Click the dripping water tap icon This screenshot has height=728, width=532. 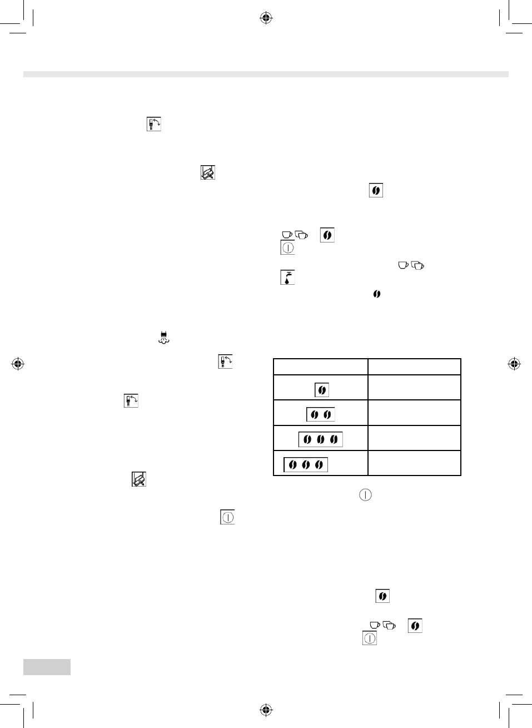pyautogui.click(x=287, y=277)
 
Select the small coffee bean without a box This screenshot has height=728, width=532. pyautogui.click(x=376, y=294)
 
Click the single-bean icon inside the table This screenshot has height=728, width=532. pyautogui.click(x=321, y=390)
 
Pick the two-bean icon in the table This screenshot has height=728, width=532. pyautogui.click(x=321, y=414)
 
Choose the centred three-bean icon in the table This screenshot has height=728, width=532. pyautogui.click(x=321, y=439)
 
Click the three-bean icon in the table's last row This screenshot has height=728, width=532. pyautogui.click(x=306, y=464)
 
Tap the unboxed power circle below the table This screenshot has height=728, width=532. pyautogui.click(x=365, y=494)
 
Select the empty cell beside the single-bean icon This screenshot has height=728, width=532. pyautogui.click(x=414, y=387)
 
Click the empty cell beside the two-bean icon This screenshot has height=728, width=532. pyautogui.click(x=414, y=413)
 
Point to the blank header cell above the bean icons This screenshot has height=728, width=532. pyautogui.click(x=321, y=367)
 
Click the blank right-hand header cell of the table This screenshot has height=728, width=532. pyautogui.click(x=414, y=367)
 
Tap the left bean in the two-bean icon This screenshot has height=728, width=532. pyautogui.click(x=315, y=414)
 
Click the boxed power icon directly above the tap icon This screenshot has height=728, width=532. pyautogui.click(x=287, y=247)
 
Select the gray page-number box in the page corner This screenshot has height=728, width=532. pyautogui.click(x=47, y=666)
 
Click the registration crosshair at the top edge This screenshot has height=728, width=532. pyautogui.click(x=266, y=18)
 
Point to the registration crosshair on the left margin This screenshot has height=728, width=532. pyautogui.click(x=18, y=364)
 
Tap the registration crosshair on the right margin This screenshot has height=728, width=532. pyautogui.click(x=514, y=364)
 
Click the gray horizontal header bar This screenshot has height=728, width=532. pyautogui.click(x=266, y=75)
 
